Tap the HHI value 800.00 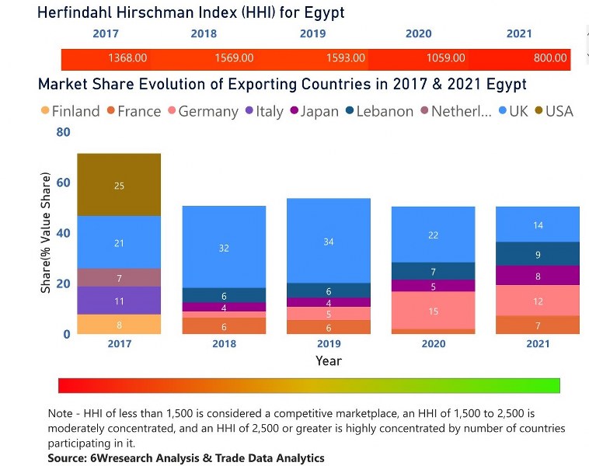click(x=550, y=58)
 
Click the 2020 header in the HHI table click(x=418, y=34)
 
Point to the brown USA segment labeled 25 click(x=119, y=186)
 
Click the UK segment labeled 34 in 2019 click(x=329, y=242)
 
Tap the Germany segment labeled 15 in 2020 click(x=433, y=311)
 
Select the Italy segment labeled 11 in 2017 click(x=119, y=301)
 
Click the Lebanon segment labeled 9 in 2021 click(x=538, y=253)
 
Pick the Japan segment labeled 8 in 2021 click(x=538, y=276)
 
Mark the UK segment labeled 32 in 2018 click(x=224, y=248)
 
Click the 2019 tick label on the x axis click(x=329, y=344)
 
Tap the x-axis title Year click(x=329, y=360)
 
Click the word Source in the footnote click(x=67, y=458)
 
